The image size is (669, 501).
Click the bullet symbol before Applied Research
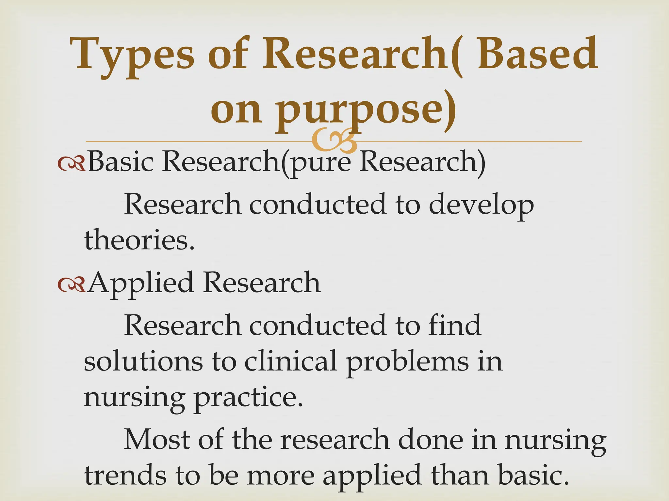71,285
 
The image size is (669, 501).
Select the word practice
248,399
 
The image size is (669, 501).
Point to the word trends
125,476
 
